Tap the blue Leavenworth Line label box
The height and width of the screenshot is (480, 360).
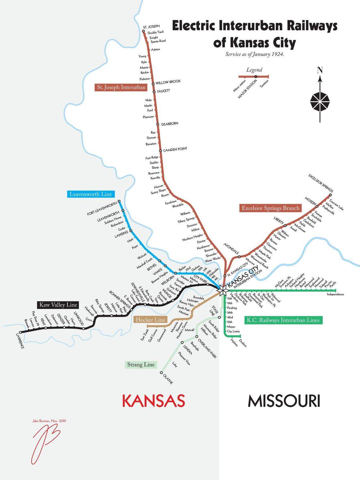[x=90, y=194]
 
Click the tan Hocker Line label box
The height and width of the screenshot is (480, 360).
[x=150, y=320]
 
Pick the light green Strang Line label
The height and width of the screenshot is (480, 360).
[x=141, y=365]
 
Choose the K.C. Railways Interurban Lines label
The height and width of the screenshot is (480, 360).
[x=283, y=320]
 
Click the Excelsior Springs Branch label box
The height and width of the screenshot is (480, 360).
[x=270, y=208]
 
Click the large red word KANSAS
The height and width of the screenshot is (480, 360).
[x=153, y=401]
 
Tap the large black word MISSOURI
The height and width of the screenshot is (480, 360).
[x=284, y=401]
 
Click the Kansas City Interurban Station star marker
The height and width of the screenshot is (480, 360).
[x=222, y=290]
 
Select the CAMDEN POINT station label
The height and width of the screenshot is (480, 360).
[x=175, y=149]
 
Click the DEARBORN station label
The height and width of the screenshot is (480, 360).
[x=170, y=124]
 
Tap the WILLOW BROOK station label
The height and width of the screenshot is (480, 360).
[x=168, y=82]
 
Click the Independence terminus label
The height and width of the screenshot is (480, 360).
[x=335, y=295]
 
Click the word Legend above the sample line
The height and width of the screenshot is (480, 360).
[x=254, y=70]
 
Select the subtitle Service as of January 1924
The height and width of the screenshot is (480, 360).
[x=255, y=54]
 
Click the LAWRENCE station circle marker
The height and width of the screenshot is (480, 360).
[x=21, y=332]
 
